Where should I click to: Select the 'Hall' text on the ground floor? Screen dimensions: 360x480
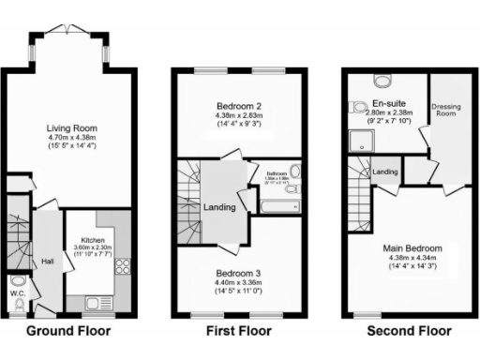pyautogui.click(x=47, y=262)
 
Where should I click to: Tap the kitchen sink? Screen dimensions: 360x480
pyautogui.click(x=96, y=302)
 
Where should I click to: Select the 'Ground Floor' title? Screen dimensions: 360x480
pyautogui.click(x=67, y=331)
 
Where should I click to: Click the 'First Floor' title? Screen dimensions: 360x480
pyautogui.click(x=238, y=331)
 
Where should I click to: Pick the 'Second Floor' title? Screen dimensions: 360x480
pyautogui.click(x=409, y=331)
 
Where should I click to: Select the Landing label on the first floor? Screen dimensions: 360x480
pyautogui.click(x=220, y=207)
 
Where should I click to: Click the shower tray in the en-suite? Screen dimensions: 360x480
pyautogui.click(x=360, y=141)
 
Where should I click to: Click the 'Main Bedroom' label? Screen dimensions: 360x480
pyautogui.click(x=411, y=247)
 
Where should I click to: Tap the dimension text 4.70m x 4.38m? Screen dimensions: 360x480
pyautogui.click(x=66, y=137)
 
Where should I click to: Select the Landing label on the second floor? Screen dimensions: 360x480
pyautogui.click(x=386, y=172)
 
